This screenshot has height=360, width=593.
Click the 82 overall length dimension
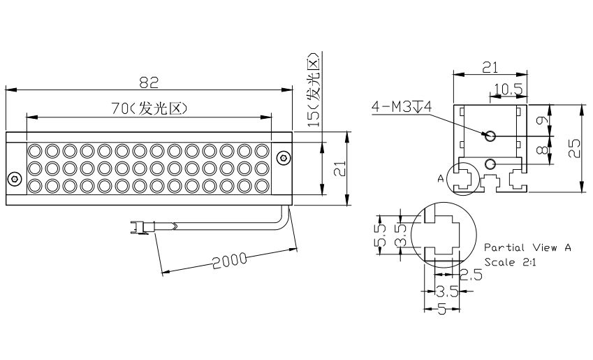click(149, 82)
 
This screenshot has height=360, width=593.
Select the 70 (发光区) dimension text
click(149, 108)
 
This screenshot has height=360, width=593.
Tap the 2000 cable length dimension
click(229, 261)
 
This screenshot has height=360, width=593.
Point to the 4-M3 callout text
click(402, 106)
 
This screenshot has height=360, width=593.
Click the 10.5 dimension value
click(508, 89)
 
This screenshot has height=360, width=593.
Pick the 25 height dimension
click(573, 148)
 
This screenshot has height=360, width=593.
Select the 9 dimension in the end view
click(541, 120)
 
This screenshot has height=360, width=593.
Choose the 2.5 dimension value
click(471, 275)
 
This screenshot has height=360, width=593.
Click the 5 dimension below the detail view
click(441, 310)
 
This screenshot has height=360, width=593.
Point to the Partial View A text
click(527, 247)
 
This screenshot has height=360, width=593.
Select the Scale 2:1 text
click(510, 262)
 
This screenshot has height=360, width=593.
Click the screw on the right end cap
click(282, 158)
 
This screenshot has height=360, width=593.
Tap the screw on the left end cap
click(15, 179)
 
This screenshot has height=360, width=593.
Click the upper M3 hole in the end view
click(490, 135)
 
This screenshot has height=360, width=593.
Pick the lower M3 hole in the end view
click(490, 164)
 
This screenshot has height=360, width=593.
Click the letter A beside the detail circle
click(441, 178)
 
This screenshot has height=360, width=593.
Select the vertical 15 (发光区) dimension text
click(314, 89)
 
